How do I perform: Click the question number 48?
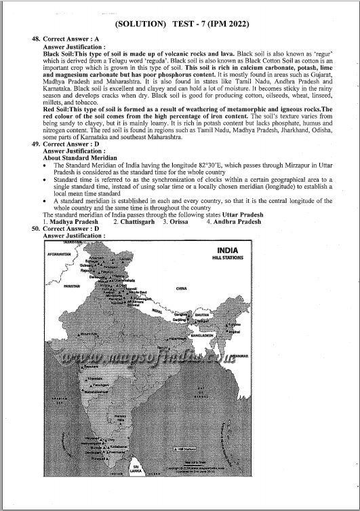(x=37, y=39)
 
